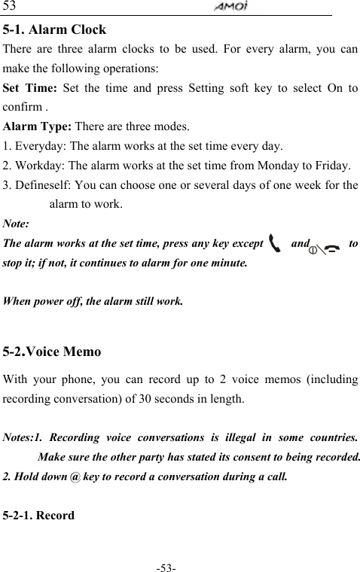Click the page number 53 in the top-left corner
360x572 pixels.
[x=10, y=7]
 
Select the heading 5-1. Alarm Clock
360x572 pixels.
[x=55, y=31]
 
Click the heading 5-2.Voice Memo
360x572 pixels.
[x=53, y=351]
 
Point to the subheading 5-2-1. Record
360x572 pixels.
[x=39, y=516]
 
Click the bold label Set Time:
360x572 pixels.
[x=28, y=87]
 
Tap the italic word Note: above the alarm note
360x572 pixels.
[x=17, y=224]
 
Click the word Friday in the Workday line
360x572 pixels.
[x=331, y=166]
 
